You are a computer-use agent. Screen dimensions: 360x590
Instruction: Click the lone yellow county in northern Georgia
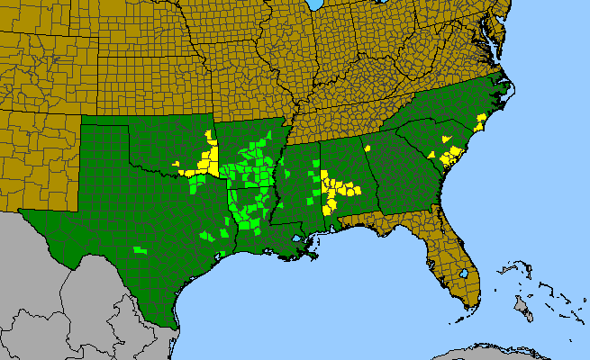368,148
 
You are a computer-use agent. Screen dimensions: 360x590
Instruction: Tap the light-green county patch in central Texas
139,248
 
